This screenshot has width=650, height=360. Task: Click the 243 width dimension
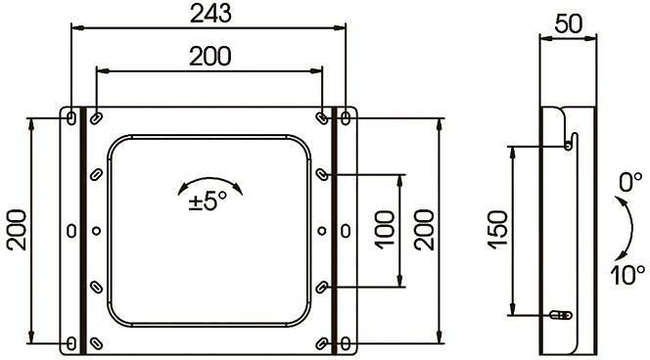tap(209, 13)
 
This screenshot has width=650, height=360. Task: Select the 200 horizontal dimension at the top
tap(209, 57)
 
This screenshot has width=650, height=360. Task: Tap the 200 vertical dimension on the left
tap(17, 230)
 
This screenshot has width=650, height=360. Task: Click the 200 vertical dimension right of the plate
tap(423, 230)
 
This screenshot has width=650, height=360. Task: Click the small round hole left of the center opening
tap(96, 230)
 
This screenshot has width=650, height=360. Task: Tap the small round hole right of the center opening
tap(322, 230)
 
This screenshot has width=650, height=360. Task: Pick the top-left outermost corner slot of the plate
tap(72, 116)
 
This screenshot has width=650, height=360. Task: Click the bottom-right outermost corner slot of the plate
tap(347, 343)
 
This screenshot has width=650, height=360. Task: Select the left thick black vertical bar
tap(83, 230)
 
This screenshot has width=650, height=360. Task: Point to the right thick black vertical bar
tap(334, 230)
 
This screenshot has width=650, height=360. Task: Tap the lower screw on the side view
tap(560, 315)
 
